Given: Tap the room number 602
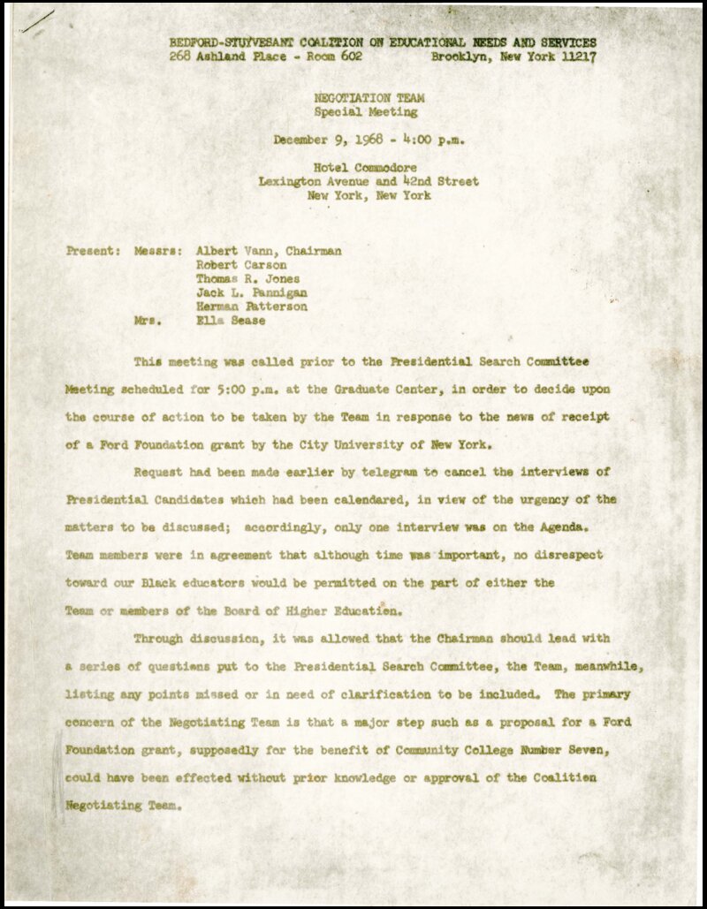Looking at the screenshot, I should click(x=347, y=57).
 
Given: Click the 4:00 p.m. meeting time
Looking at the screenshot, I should click(x=433, y=140).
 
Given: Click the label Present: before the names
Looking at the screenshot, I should click(x=93, y=251).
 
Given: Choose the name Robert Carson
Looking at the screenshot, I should click(x=240, y=265).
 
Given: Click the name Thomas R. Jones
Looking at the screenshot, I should click(x=247, y=279).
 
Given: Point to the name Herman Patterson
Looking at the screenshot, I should click(x=251, y=307).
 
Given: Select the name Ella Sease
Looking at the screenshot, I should click(x=230, y=321).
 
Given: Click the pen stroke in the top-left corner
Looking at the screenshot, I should click(x=38, y=21).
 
